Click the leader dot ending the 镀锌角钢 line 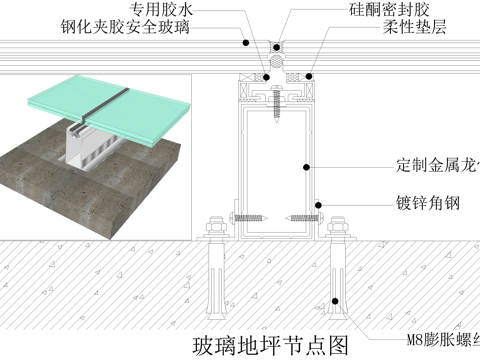coord(319,204)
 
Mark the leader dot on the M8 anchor coord(336,285)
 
